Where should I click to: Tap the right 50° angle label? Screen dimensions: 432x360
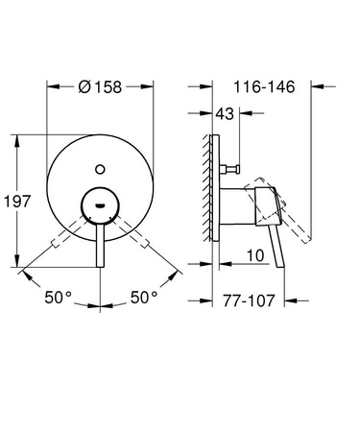tap(143, 298)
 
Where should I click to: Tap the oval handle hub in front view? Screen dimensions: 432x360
tap(100, 204)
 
